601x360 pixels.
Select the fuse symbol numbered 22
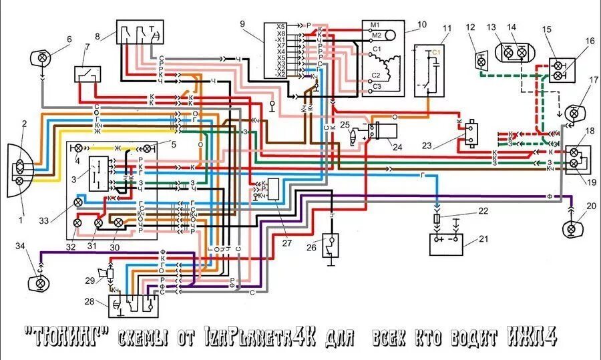point(437,219)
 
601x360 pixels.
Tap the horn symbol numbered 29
point(106,273)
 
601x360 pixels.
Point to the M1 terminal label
point(375,25)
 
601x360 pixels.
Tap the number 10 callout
point(421,25)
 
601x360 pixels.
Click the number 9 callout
point(241,25)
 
